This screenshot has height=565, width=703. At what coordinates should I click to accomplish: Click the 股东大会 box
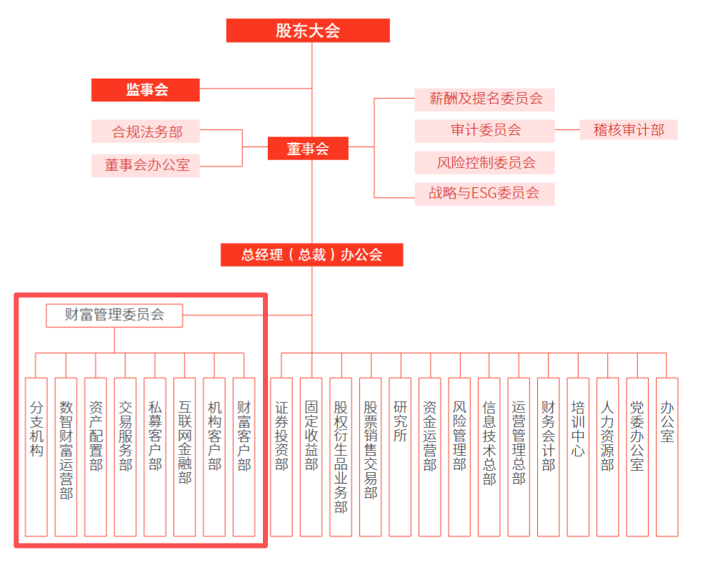[308, 31]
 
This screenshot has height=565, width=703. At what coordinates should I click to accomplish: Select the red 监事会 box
[146, 90]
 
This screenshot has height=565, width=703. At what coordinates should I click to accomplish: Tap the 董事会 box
[308, 149]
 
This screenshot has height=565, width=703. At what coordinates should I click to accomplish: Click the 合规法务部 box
[146, 131]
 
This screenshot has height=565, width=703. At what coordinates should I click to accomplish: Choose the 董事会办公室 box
[146, 165]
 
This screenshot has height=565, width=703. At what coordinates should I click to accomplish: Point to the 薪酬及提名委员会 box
[484, 99]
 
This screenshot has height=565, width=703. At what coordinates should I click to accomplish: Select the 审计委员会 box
[484, 131]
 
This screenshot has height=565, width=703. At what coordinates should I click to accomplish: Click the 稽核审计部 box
[628, 130]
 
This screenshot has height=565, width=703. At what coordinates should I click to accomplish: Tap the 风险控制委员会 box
[484, 162]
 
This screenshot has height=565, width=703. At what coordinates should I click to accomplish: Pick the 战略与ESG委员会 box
[484, 193]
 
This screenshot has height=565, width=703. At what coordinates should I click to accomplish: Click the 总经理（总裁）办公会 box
[311, 255]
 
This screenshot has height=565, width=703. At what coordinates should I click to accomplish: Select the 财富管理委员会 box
[114, 315]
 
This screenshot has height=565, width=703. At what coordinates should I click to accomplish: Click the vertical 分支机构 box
[36, 456]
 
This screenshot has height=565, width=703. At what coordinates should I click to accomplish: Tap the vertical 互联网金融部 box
[185, 456]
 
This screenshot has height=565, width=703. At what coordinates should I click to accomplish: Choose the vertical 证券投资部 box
[281, 456]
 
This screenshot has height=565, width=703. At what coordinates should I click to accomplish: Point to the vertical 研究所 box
[400, 456]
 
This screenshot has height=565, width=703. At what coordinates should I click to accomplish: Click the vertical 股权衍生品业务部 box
[341, 456]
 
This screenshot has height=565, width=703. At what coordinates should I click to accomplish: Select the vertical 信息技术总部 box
[489, 456]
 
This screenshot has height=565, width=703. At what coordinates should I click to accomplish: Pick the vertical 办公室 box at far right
[667, 456]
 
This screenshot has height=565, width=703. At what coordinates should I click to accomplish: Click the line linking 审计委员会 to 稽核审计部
[567, 130]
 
